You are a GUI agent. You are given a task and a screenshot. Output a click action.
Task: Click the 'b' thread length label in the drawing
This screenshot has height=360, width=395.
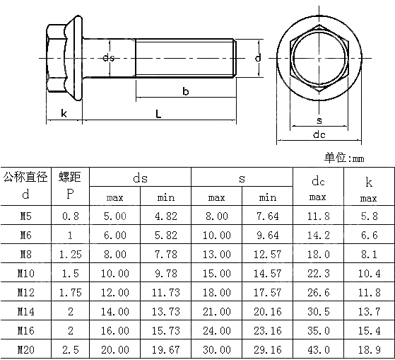coord(185,91)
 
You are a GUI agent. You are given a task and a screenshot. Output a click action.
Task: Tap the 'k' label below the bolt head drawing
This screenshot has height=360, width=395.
coord(64,113)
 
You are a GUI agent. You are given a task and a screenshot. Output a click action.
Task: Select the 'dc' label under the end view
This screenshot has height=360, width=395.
coord(319,134)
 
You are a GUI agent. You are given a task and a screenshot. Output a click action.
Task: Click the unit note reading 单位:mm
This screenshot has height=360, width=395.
coord(343,158)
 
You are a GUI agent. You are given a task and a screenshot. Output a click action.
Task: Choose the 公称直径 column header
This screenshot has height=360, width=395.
coord(25,176)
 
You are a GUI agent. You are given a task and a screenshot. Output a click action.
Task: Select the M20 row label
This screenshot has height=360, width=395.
coord(25,349)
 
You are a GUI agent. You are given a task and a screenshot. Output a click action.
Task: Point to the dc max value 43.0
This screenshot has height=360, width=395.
coord(318,349)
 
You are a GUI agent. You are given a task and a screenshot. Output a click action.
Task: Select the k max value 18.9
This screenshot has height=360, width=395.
coord(369,349)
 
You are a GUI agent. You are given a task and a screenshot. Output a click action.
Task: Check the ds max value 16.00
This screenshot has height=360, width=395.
coord(115,330)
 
